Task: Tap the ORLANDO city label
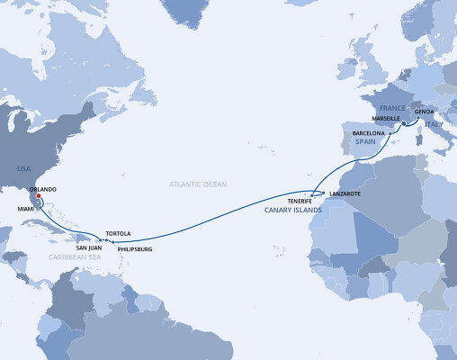[x=43, y=189]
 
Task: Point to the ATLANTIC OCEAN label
[x=198, y=184]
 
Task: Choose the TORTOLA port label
[x=119, y=232]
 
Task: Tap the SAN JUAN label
[x=88, y=247]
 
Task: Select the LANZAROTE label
[x=345, y=193]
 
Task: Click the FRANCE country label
[x=376, y=105]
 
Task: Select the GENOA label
[x=426, y=112]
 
